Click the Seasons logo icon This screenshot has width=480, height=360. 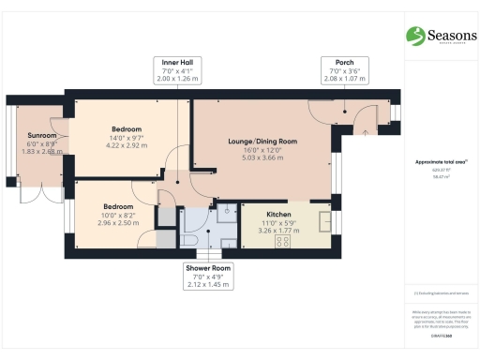(x=415, y=36)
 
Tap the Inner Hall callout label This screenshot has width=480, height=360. (x=176, y=63)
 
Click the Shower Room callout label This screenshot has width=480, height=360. (x=208, y=268)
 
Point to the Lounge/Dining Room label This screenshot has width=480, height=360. (x=262, y=142)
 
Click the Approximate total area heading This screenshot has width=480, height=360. (x=441, y=162)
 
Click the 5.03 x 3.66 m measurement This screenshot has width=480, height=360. (x=262, y=158)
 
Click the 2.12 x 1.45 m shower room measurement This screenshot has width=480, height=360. (x=208, y=285)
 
